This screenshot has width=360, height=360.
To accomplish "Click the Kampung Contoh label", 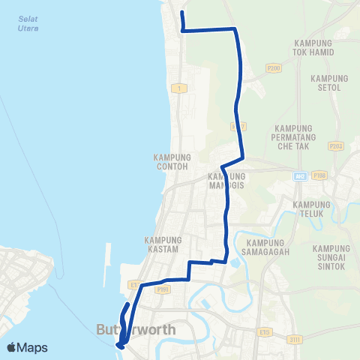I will click(x=172, y=161).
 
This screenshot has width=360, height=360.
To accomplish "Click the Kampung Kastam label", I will click(x=161, y=244).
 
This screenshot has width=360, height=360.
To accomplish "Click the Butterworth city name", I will click(x=136, y=329).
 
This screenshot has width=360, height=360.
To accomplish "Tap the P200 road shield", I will click(x=273, y=67).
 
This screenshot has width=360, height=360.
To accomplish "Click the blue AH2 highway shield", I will click(x=299, y=175).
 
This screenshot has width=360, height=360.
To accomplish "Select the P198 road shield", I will click(x=320, y=175).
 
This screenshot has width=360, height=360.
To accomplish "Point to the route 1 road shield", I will click(x=178, y=88).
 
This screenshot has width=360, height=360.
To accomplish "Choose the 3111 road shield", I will click(x=298, y=340).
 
